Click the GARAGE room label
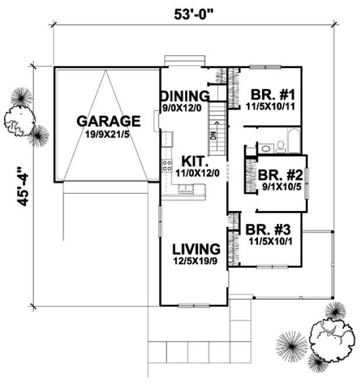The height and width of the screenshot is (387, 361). (109, 121)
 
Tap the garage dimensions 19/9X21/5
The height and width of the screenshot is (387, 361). (109, 135)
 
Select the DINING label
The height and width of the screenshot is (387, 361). (185, 96)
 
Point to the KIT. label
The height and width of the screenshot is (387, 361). (193, 160)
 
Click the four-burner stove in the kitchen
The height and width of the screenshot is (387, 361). (167, 164)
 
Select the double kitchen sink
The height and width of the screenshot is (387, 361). (187, 188)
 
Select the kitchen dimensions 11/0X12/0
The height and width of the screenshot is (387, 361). (193, 173)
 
